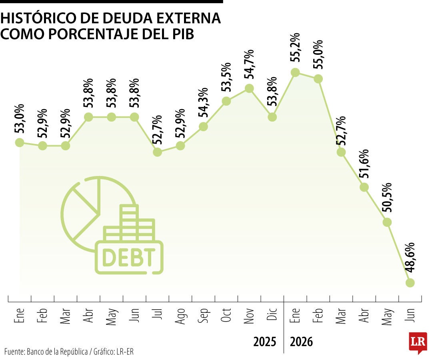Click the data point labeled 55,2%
click(295, 73)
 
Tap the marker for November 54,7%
click(249, 88)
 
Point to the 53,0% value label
click(20, 119)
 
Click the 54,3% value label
click(203, 102)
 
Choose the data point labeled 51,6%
click(364, 187)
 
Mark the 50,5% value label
click(387, 198)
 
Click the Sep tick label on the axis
click(203, 316)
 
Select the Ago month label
click(180, 316)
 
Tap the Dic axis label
click(272, 314)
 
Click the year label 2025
click(264, 342)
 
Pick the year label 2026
click(302, 342)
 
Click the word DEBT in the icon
click(129, 258)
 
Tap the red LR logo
click(418, 342)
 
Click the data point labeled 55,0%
click(318, 79)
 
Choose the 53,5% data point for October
click(226, 101)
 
